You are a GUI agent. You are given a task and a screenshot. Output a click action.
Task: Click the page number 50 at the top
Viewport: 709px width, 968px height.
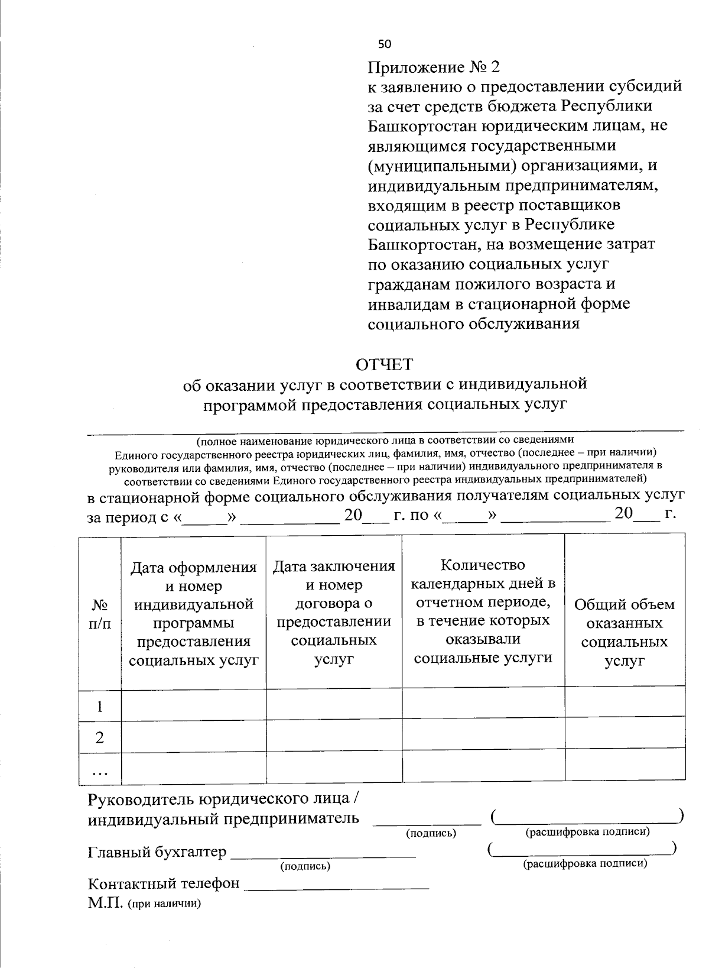pyautogui.click(x=385, y=44)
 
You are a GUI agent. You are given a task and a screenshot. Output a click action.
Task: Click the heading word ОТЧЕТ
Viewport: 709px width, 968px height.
pyautogui.click(x=384, y=364)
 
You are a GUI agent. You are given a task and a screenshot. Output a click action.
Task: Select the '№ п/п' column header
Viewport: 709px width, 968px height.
pyautogui.click(x=100, y=614)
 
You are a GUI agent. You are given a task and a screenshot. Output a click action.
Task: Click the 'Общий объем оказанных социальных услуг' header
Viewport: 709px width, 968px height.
pyautogui.click(x=624, y=632)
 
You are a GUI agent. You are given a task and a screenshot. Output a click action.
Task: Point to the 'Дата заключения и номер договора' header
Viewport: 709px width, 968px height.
pyautogui.click(x=334, y=613)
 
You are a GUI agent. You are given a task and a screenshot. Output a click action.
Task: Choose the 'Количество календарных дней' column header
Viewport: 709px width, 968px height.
pyautogui.click(x=483, y=611)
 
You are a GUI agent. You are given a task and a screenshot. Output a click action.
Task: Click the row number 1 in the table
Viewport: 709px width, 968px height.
pyautogui.click(x=100, y=706)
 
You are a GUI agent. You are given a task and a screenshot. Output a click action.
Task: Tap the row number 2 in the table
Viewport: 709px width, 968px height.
pyautogui.click(x=100, y=737)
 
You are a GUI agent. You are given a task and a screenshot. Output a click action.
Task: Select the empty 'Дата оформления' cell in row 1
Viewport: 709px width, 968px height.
pyautogui.click(x=193, y=705)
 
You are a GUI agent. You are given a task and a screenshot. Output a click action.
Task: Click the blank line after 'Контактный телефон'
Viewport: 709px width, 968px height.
pyautogui.click(x=337, y=886)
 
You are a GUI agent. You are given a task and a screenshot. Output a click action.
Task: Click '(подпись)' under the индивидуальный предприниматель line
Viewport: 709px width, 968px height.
pyautogui.click(x=431, y=833)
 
